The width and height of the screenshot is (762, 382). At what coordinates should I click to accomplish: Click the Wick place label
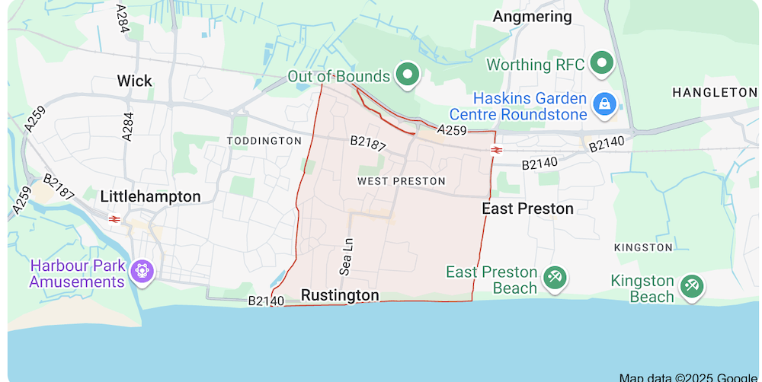click(x=134, y=81)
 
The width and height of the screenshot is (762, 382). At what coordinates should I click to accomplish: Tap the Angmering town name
click(x=532, y=16)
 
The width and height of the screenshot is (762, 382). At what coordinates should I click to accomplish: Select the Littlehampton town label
click(x=150, y=196)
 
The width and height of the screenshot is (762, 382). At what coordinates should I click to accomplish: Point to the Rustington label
click(x=340, y=295)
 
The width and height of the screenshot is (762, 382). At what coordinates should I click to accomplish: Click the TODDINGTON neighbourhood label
click(x=264, y=141)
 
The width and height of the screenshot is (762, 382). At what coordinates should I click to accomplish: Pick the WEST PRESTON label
click(x=401, y=181)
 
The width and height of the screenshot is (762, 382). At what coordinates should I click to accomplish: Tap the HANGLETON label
click(x=714, y=92)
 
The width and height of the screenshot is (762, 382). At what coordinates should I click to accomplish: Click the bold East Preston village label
click(x=527, y=209)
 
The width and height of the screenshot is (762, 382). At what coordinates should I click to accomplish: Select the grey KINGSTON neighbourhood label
click(x=643, y=247)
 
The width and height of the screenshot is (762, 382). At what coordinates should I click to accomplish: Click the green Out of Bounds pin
click(x=410, y=75)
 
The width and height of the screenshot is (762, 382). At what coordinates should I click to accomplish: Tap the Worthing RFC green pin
click(x=604, y=62)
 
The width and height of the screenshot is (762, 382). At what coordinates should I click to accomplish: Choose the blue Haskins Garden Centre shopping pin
click(x=605, y=103)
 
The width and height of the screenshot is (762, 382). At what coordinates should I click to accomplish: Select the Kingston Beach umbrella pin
click(x=692, y=286)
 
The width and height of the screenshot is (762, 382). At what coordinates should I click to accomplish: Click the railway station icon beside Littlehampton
click(x=114, y=218)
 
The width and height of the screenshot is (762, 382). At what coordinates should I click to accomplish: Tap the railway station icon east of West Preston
click(x=496, y=150)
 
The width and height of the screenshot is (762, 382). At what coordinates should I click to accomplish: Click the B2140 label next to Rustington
click(x=266, y=301)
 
